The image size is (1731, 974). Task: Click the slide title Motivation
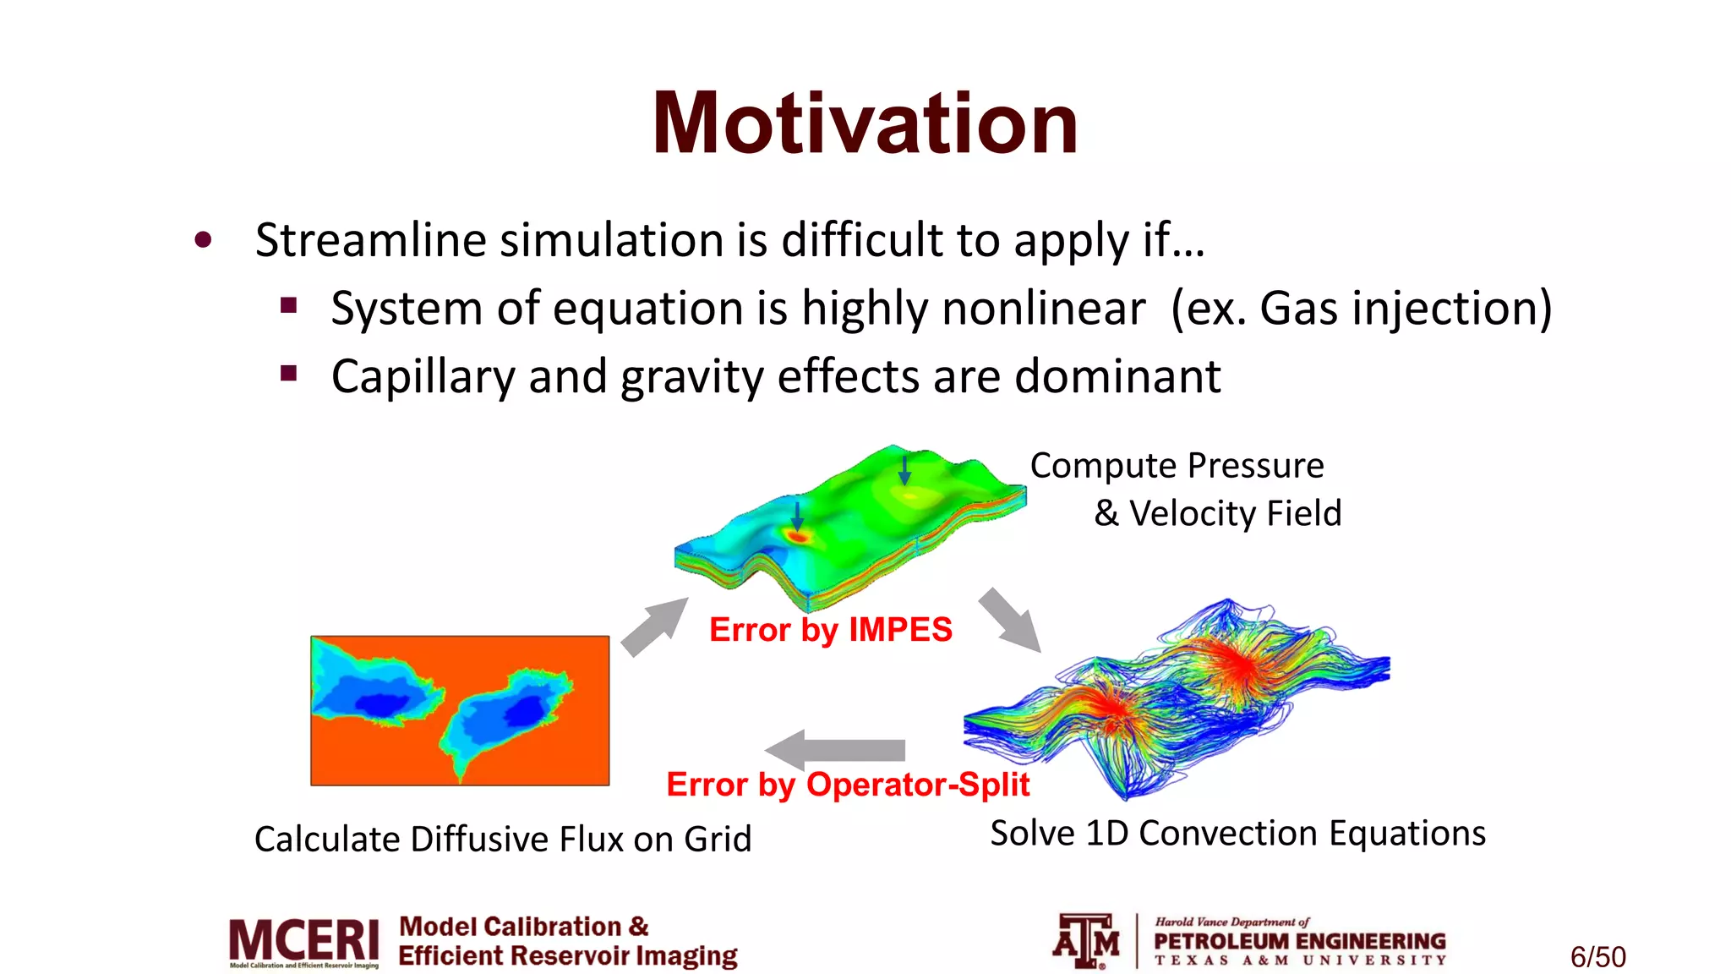(865, 124)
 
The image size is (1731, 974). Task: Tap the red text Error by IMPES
(830, 630)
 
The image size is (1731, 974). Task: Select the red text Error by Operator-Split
(848, 785)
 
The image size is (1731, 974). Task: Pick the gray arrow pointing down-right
(1009, 621)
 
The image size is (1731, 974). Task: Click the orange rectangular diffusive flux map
(460, 710)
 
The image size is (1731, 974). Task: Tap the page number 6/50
(1597, 957)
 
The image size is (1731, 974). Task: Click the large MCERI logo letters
(304, 940)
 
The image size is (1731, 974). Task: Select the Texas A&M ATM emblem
(1086, 940)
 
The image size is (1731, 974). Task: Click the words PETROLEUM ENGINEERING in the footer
(1299, 941)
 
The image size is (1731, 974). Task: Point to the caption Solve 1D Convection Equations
(1237, 834)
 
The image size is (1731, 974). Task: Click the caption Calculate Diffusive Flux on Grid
(503, 840)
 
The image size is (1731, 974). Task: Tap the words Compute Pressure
(1177, 466)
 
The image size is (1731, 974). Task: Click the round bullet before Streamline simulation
(203, 240)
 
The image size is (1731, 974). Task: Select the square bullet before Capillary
(289, 373)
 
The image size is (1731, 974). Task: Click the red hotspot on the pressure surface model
(797, 535)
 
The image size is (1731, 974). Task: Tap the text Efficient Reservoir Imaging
(568, 956)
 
